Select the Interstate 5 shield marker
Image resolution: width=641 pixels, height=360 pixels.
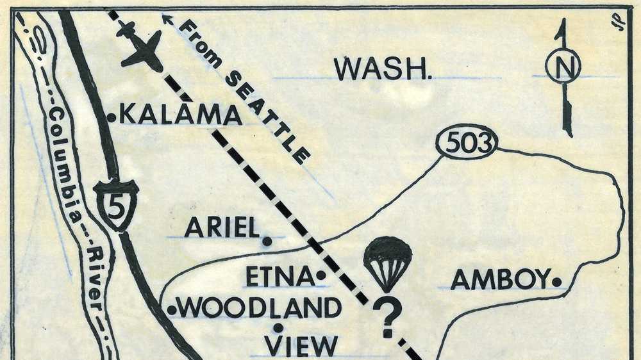[116, 204]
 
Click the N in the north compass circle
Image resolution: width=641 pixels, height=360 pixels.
[563, 66]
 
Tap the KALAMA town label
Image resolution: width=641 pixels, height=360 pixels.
[181, 115]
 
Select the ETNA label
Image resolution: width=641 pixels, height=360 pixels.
[279, 277]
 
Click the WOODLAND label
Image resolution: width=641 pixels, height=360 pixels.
[260, 309]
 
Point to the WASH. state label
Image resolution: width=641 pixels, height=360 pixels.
[383, 69]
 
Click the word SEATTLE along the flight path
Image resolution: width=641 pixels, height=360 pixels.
[270, 115]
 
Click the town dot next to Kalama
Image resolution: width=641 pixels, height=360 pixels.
[111, 117]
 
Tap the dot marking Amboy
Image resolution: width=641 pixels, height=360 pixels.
[557, 281]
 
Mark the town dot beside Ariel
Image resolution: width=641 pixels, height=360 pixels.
[267, 241]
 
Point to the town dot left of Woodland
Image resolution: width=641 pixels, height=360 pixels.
[171, 311]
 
